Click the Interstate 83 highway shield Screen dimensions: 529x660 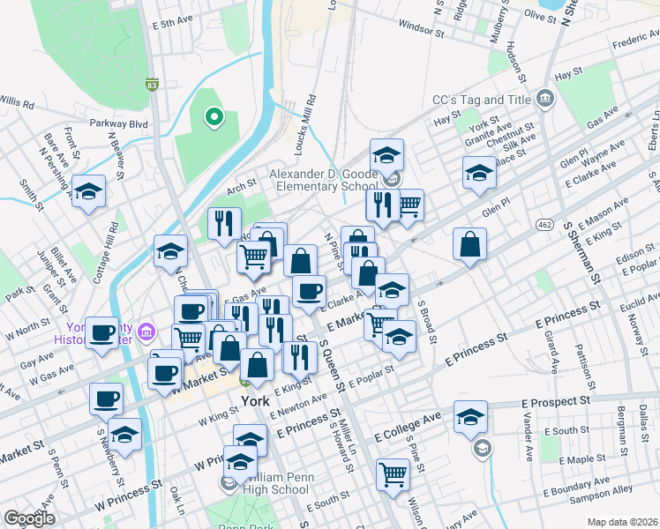152,86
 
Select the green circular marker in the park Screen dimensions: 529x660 213,115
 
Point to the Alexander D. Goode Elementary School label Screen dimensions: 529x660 323,180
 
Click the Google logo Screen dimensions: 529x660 29,518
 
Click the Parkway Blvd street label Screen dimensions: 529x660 117,124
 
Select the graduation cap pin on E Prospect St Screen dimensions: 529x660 470,416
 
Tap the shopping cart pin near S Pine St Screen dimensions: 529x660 393,473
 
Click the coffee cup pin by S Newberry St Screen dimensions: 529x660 106,398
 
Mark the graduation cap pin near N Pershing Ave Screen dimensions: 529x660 88,192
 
